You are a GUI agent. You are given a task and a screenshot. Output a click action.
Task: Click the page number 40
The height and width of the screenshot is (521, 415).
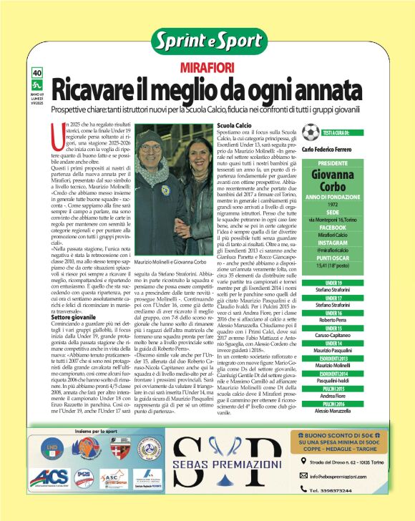point(38,72)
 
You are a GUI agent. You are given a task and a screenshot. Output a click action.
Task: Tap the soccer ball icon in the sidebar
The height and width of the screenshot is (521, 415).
point(310,132)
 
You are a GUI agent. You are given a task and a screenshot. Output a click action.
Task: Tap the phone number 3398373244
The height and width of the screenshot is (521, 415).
point(337,490)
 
